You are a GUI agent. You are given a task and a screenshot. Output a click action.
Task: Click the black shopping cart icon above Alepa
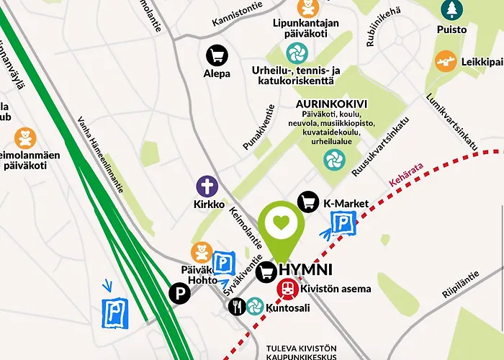click(x=217, y=55)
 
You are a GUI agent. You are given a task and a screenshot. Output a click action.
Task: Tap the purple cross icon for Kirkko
click(x=207, y=187)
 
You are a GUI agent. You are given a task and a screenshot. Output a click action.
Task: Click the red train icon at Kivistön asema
click(x=287, y=289)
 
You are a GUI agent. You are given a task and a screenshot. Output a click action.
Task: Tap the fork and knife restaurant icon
click(x=237, y=307)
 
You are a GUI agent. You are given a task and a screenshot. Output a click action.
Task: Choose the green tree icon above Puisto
click(x=451, y=9)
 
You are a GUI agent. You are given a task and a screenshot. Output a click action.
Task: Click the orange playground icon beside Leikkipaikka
click(x=446, y=61)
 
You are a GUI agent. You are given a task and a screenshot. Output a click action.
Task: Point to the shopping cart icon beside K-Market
click(x=309, y=202)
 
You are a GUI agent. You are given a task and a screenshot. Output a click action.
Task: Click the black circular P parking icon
click(x=179, y=293)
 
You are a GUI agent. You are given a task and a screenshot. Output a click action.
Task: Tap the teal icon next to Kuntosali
click(x=255, y=307)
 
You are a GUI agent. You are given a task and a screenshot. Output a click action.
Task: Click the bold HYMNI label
click(x=305, y=270)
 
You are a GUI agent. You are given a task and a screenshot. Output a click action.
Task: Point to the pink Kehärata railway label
click(x=407, y=176)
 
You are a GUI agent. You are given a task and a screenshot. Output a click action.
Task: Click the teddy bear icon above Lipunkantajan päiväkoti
click(x=308, y=9)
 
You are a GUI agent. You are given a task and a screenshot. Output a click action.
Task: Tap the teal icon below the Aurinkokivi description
click(x=334, y=159)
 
